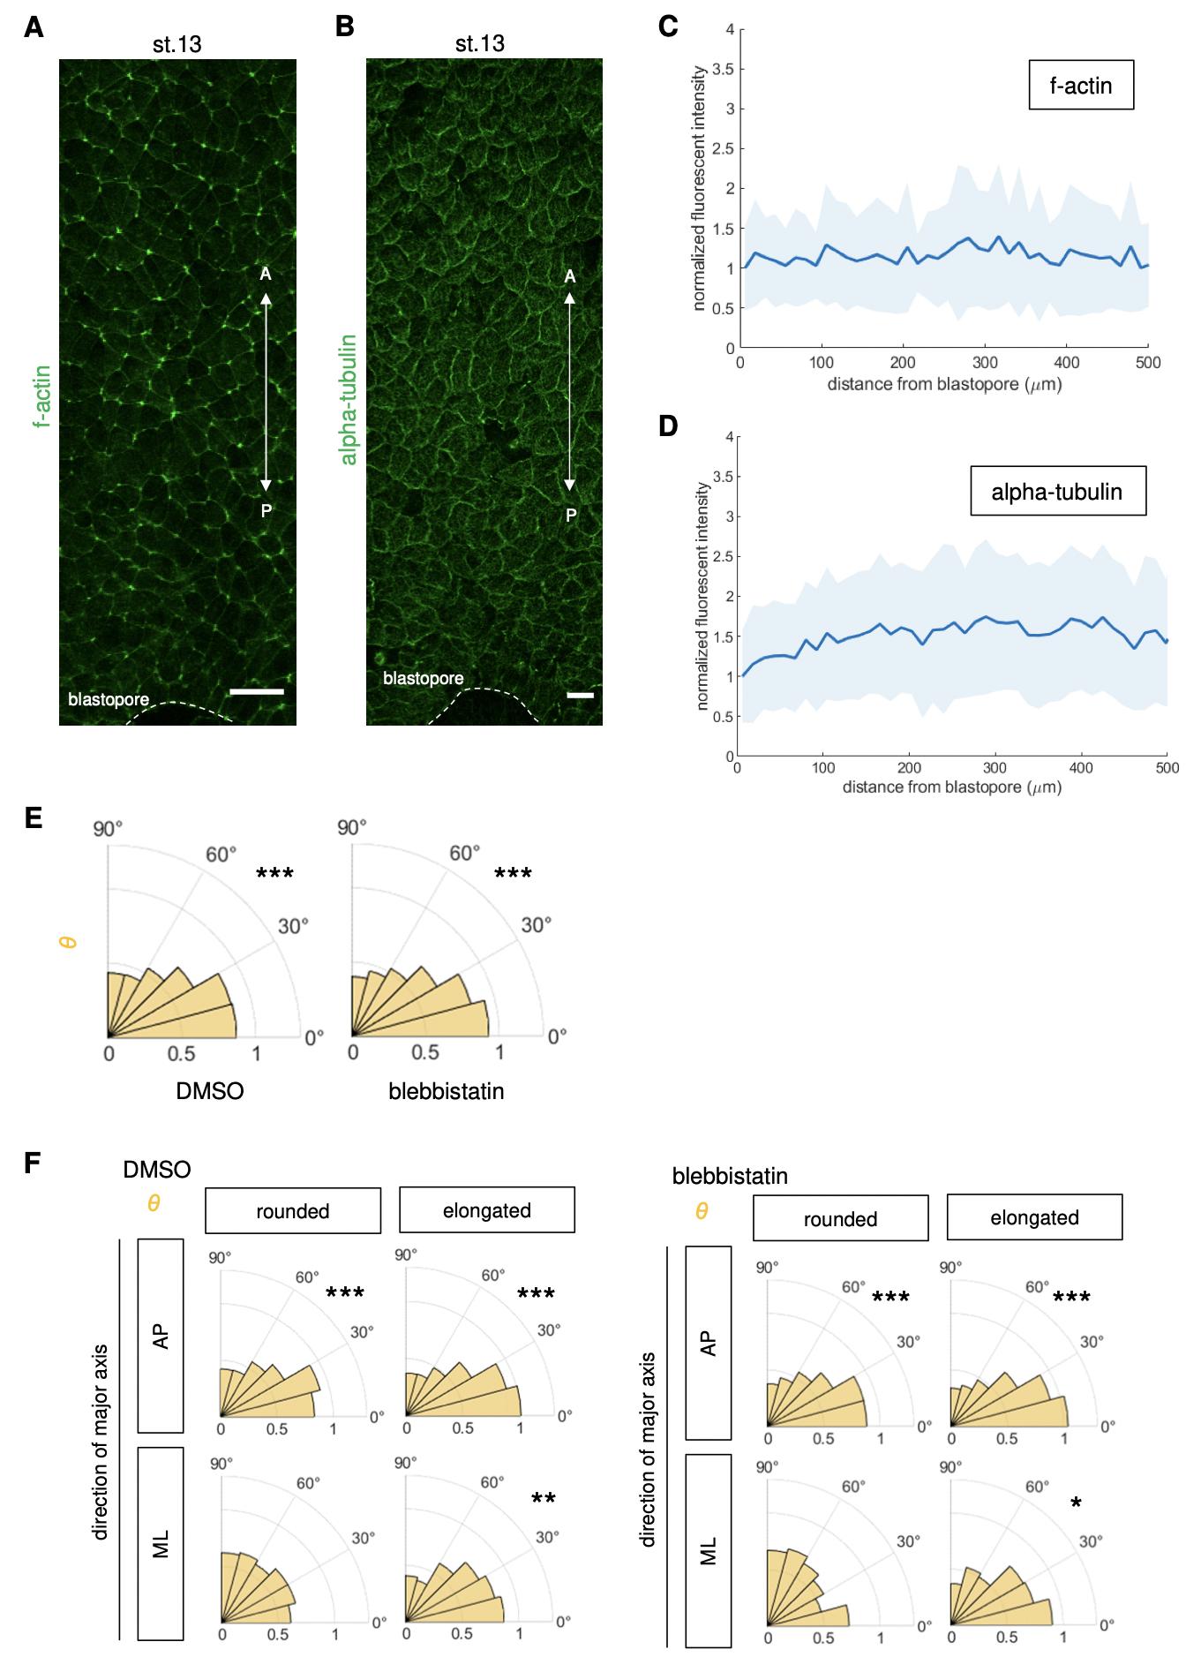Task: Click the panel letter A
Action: click(x=34, y=27)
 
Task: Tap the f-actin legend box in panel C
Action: click(x=1080, y=86)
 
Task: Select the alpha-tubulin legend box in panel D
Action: click(x=1057, y=491)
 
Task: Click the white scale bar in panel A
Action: click(x=256, y=692)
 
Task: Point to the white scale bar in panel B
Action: click(x=580, y=696)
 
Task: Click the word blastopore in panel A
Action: click(x=109, y=700)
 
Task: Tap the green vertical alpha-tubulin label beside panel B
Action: click(x=349, y=399)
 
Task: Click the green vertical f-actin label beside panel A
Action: click(x=42, y=395)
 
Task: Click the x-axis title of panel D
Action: click(x=951, y=787)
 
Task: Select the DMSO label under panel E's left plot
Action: click(x=210, y=1091)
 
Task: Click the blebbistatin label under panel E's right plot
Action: click(x=447, y=1091)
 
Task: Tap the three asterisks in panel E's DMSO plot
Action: click(x=274, y=874)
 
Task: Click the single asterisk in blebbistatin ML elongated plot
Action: click(x=1076, y=1503)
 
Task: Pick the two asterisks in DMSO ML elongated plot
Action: click(x=544, y=1498)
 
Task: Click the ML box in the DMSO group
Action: click(x=161, y=1546)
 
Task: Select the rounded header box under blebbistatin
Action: click(x=840, y=1219)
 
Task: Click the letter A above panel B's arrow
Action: click(x=570, y=277)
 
